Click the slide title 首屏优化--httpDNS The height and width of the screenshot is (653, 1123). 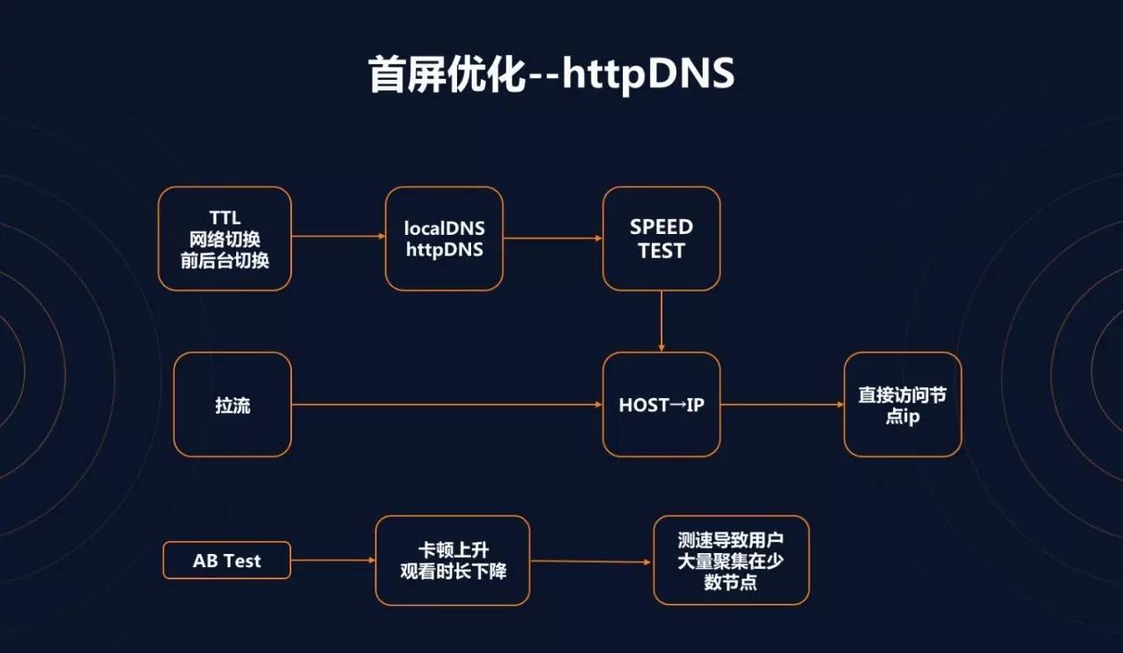pyautogui.click(x=551, y=75)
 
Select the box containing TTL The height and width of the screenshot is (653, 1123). pyautogui.click(x=225, y=238)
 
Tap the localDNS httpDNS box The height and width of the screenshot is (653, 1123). pyautogui.click(x=444, y=238)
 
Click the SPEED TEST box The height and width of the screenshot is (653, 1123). pyautogui.click(x=662, y=238)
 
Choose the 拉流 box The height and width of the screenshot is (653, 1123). pyautogui.click(x=232, y=405)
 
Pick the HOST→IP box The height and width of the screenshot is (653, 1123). pyautogui.click(x=662, y=405)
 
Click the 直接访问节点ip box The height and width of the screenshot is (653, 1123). pyautogui.click(x=903, y=405)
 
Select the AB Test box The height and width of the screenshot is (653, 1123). pyautogui.click(x=226, y=561)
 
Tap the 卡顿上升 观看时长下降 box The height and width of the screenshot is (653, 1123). pyautogui.click(x=453, y=561)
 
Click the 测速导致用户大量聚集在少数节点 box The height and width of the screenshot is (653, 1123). pyautogui.click(x=731, y=561)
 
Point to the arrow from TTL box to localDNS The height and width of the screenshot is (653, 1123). pyautogui.click(x=338, y=236)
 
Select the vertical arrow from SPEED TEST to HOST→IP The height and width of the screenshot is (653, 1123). pyautogui.click(x=662, y=321)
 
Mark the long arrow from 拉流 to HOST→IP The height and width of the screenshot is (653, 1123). pyautogui.click(x=447, y=405)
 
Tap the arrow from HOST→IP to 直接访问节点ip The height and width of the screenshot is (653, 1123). pyautogui.click(x=782, y=405)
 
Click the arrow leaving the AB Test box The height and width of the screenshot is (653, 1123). pyautogui.click(x=333, y=560)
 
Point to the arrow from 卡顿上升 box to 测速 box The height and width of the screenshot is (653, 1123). pyautogui.click(x=591, y=562)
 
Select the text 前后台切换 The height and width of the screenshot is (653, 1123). pyautogui.click(x=225, y=260)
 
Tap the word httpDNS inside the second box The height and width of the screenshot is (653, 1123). pyautogui.click(x=444, y=249)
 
